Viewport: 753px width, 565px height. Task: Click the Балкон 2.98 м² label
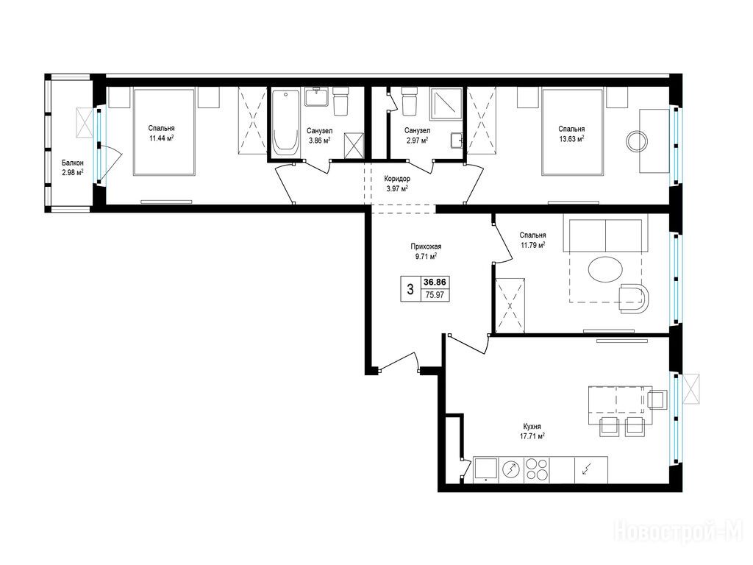(x=73, y=167)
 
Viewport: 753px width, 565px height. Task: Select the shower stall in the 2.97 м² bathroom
(x=446, y=102)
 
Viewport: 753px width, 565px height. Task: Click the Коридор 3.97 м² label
(x=397, y=183)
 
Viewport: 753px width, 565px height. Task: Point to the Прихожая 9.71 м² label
(x=426, y=252)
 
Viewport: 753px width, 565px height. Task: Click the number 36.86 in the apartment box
(x=434, y=282)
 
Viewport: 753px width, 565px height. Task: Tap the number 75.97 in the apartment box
(x=435, y=295)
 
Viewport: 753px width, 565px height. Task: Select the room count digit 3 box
(x=410, y=289)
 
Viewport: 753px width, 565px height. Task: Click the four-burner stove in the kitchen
(x=536, y=469)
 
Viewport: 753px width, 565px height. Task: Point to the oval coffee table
(x=606, y=270)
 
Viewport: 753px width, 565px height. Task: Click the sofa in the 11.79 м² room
(x=606, y=236)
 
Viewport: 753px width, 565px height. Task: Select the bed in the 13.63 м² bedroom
(x=572, y=132)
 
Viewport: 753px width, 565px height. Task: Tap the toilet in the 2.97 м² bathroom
(x=409, y=102)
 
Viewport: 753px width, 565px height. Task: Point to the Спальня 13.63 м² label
(x=571, y=134)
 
